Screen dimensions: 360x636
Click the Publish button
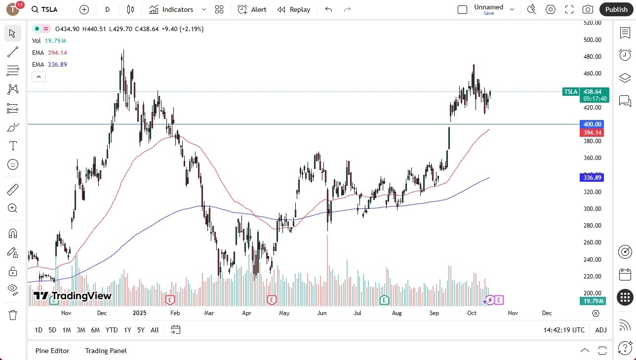click(x=616, y=9)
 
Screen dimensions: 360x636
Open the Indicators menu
click(x=178, y=9)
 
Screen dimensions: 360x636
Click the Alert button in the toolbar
click(x=252, y=9)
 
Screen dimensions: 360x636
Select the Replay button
click(x=294, y=9)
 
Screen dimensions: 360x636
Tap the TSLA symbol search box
click(x=49, y=9)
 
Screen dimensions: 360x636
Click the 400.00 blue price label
click(x=592, y=124)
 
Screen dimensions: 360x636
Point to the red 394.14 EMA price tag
click(x=592, y=133)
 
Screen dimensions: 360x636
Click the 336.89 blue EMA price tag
click(x=592, y=178)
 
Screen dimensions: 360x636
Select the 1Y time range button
click(x=127, y=330)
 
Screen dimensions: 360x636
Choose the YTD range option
click(x=112, y=330)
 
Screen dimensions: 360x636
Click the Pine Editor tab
click(x=52, y=351)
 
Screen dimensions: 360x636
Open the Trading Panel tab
click(x=106, y=351)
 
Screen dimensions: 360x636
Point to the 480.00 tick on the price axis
click(x=592, y=57)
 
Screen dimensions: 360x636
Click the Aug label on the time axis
click(x=397, y=313)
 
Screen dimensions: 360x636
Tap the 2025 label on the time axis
click(x=140, y=313)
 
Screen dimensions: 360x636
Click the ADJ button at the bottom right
click(x=600, y=330)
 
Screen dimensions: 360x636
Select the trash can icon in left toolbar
click(x=13, y=315)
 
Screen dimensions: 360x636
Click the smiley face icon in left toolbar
click(x=13, y=164)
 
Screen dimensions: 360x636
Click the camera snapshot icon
click(x=588, y=9)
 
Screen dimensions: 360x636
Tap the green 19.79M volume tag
click(x=592, y=301)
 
